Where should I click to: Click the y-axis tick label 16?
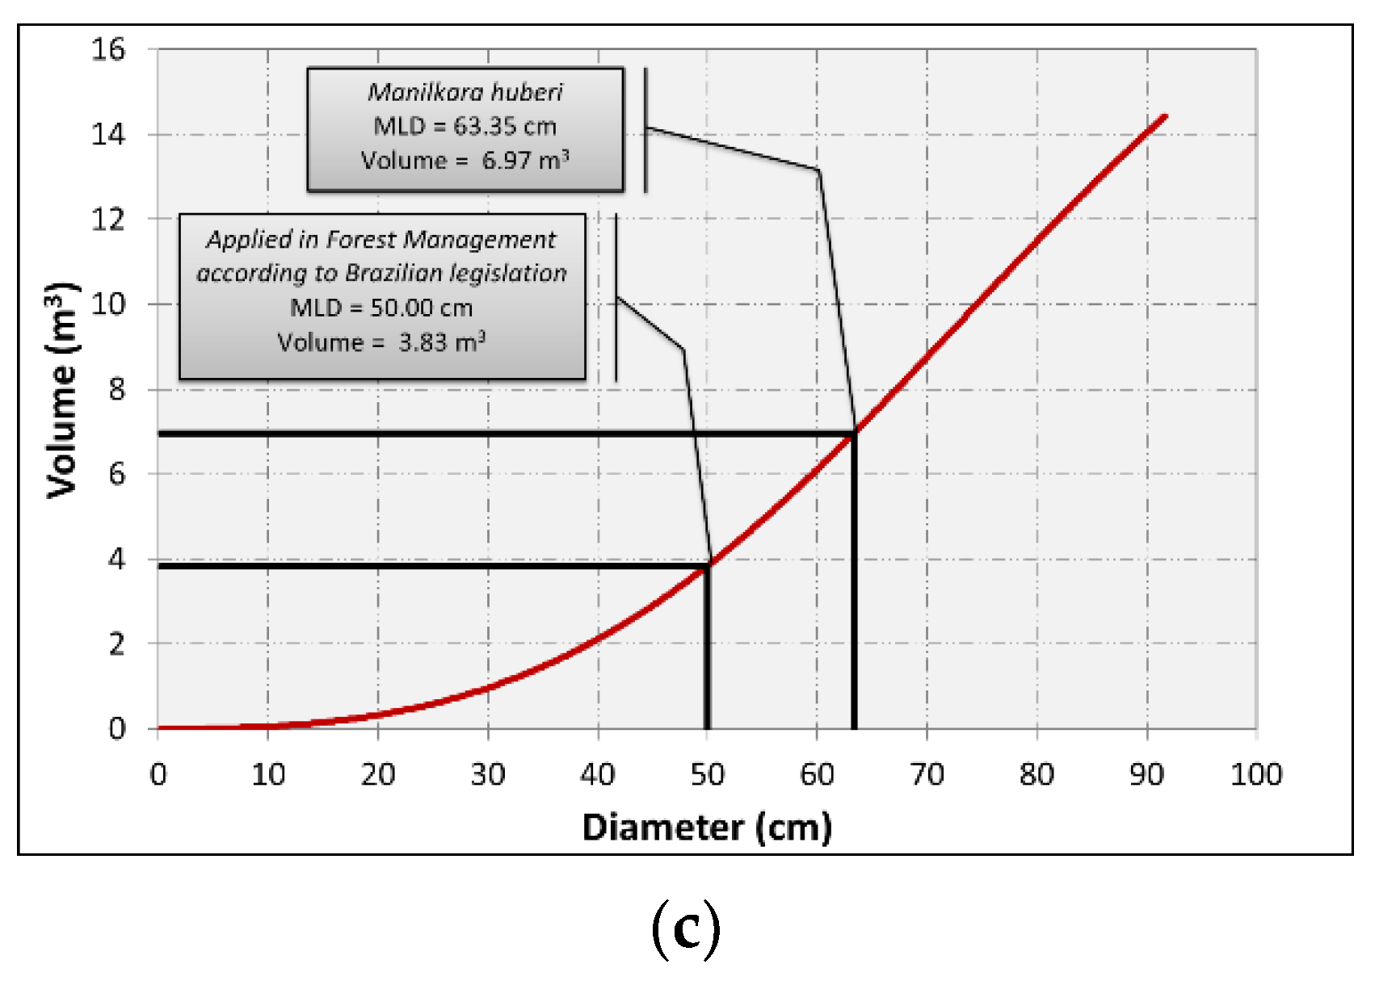pos(108,50)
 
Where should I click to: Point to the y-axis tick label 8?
pos(117,389)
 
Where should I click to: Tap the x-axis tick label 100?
pos(1255,775)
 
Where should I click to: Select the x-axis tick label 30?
pos(487,775)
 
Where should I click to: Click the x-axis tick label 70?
pos(927,775)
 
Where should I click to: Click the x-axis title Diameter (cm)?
pos(707,828)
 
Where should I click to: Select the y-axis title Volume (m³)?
pos(62,390)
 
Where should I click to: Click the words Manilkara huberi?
pos(465,92)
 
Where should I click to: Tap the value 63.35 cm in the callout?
pos(504,127)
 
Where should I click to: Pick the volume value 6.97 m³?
pos(525,160)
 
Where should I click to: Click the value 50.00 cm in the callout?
pos(421,308)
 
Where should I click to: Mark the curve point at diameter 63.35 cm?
pos(854,434)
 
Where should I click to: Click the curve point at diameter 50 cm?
pos(708,565)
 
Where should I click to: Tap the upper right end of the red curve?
pos(1165,116)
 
